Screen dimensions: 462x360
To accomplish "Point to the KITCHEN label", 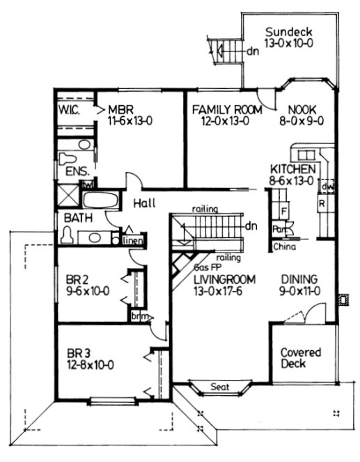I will point(294,169).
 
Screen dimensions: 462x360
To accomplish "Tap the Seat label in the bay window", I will point(219,387).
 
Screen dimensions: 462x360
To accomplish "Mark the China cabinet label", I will point(283,246).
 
